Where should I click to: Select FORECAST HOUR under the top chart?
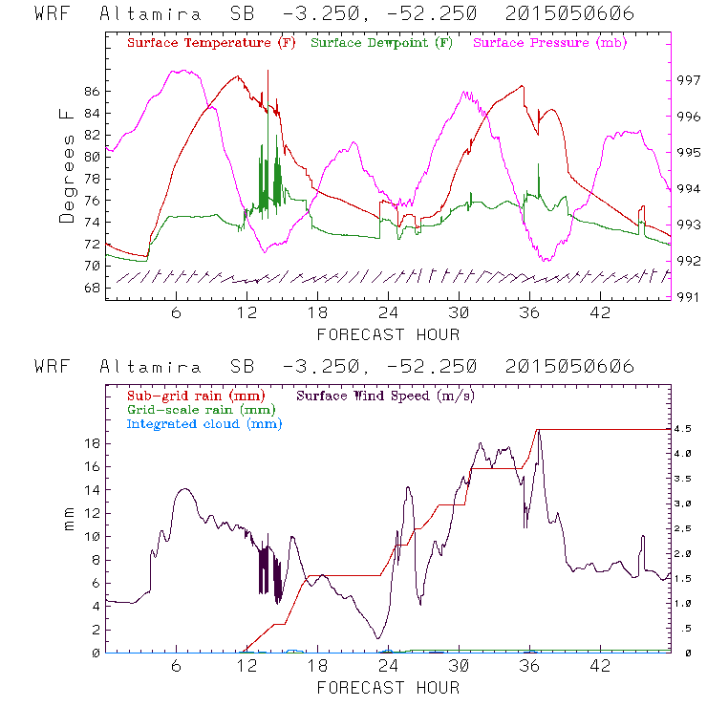(x=388, y=334)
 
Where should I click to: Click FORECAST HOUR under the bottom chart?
(x=388, y=688)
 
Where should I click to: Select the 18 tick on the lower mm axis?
(x=91, y=443)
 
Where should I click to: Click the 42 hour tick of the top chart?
(x=600, y=313)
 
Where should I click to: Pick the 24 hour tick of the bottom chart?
(x=388, y=666)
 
